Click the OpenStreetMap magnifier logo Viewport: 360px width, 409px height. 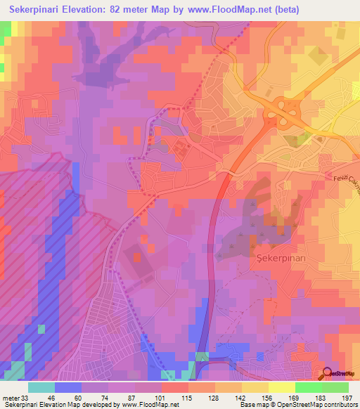328,373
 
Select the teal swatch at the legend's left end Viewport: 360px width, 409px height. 41,387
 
